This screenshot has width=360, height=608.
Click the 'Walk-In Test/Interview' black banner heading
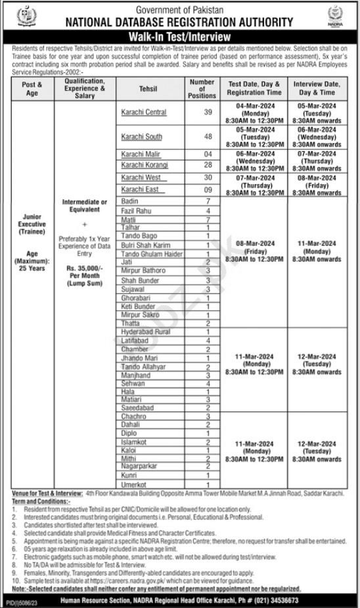[x=179, y=37]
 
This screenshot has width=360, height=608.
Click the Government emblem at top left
[x=24, y=16]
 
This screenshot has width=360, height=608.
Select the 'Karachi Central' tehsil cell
[x=143, y=112]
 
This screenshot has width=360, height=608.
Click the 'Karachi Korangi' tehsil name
[x=145, y=164]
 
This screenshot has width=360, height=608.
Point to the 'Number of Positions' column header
[x=202, y=88]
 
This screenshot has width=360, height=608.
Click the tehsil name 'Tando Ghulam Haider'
[x=152, y=254]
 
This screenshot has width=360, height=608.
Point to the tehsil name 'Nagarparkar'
[x=140, y=466]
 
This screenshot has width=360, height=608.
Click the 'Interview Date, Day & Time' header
[x=316, y=88]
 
